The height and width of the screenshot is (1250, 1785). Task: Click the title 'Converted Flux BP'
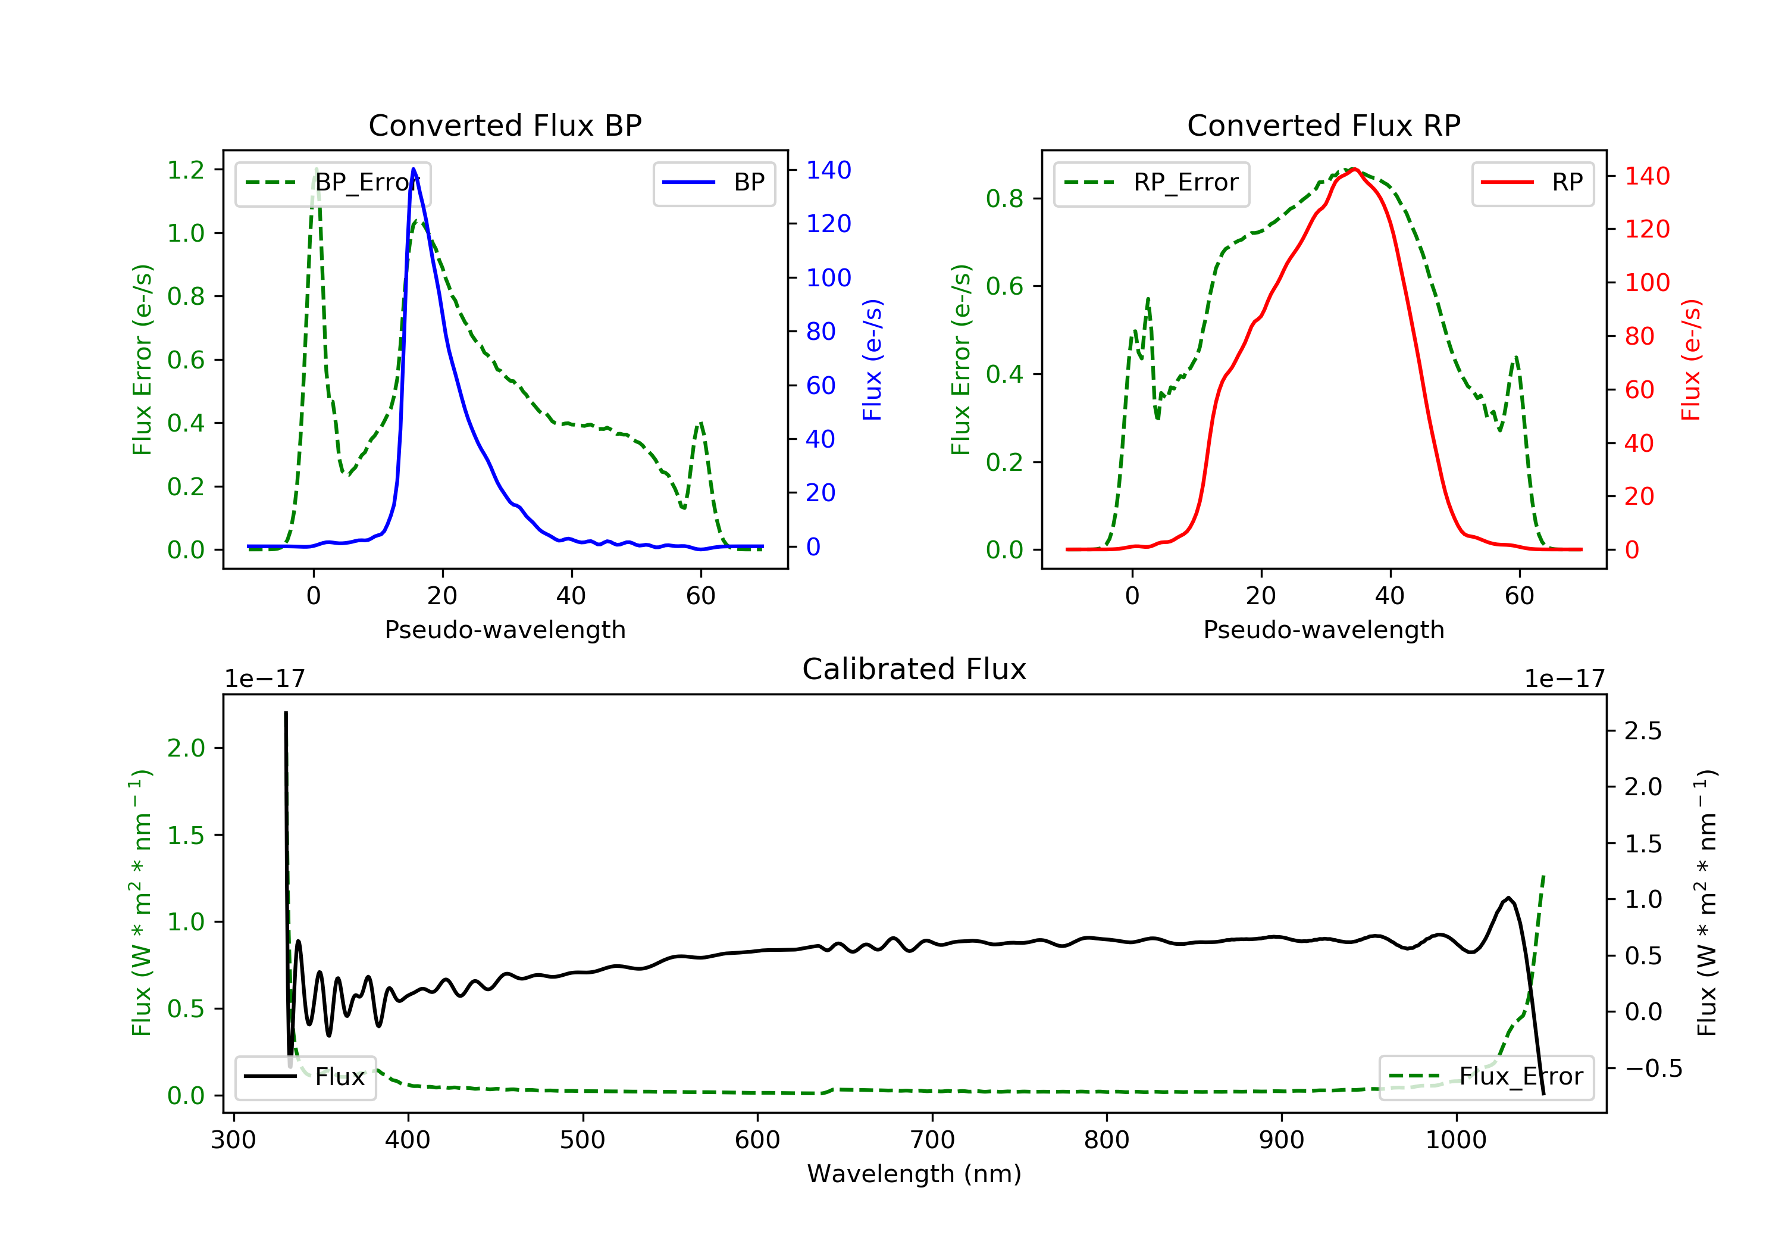click(505, 125)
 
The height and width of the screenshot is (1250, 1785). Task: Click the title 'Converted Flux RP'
click(1323, 125)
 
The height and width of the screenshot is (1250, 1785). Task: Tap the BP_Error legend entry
click(333, 183)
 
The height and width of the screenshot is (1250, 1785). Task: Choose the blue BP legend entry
click(713, 183)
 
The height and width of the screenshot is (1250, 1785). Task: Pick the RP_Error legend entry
click(1151, 183)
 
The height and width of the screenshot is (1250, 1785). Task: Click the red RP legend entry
click(1532, 183)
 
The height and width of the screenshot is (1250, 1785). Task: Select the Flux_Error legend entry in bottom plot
click(1486, 1077)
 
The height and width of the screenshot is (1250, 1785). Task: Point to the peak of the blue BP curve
click(414, 169)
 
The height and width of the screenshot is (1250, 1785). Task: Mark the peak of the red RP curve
click(1354, 169)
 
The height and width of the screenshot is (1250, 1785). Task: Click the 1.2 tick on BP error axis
click(186, 170)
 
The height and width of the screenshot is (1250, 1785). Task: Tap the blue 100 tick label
click(829, 278)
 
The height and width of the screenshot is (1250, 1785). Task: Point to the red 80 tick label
click(1640, 336)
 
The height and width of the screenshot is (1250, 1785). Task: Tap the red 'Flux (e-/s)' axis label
click(1691, 360)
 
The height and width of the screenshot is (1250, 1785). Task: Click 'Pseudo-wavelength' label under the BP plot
click(505, 630)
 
